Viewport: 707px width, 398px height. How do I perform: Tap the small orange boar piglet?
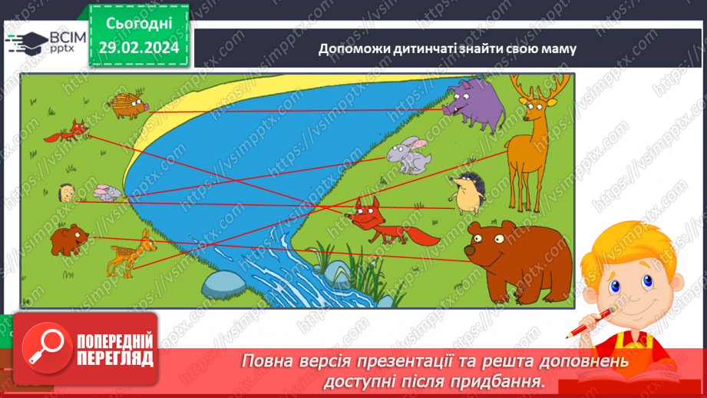pos(126,105)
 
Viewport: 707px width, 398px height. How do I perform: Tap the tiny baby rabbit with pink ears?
pos(106,191)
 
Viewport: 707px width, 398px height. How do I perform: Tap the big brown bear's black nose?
pos(477,248)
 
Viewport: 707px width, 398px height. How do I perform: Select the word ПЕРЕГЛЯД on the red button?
pos(115,357)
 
